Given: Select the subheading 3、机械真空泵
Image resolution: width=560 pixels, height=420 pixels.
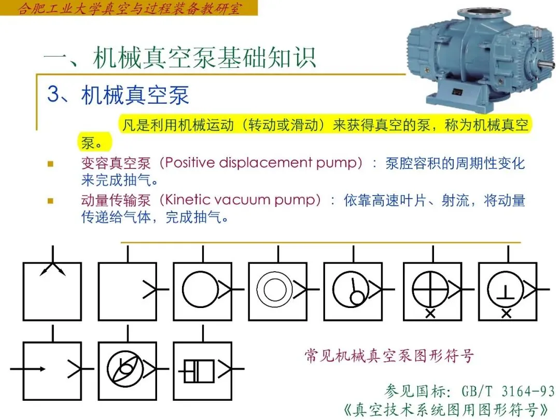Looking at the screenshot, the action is point(118,95).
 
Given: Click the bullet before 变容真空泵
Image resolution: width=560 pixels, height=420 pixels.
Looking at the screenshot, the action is point(50,164).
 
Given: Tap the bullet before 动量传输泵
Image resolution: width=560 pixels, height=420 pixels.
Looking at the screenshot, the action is point(50,201).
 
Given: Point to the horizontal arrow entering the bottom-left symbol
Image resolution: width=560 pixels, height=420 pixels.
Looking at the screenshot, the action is point(28,369).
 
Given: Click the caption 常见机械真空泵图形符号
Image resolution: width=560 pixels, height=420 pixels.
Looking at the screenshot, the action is point(389,356).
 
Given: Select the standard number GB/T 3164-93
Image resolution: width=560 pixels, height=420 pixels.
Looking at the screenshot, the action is point(508,391).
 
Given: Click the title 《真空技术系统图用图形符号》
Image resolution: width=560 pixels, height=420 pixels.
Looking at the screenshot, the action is point(446,410).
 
